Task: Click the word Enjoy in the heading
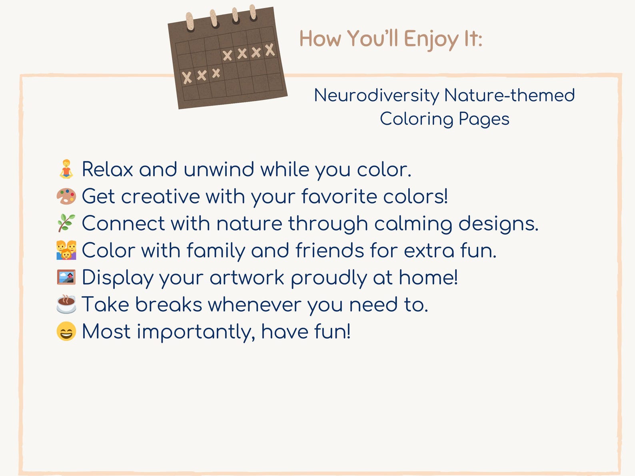pos(431,39)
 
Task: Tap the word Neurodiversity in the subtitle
pos(376,96)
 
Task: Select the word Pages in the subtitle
pos(484,119)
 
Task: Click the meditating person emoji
pos(66,169)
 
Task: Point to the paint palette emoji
pos(66,196)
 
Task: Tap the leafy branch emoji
pos(66,223)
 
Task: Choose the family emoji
pos(66,250)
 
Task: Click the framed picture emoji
pos(66,277)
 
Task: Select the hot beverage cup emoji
pos(66,304)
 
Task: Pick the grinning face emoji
pos(66,331)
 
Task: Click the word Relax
pos(107,169)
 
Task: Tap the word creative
pos(160,196)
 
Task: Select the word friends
pos(329,251)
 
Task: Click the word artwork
pos(247,278)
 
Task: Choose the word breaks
pos(168,305)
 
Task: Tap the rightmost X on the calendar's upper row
pos(270,50)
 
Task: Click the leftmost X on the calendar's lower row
pos(187,77)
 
